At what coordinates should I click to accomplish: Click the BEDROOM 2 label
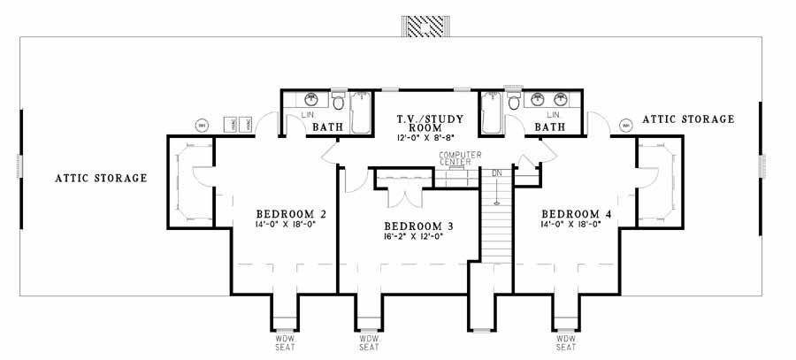click(292, 213)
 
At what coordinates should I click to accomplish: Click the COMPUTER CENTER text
click(459, 159)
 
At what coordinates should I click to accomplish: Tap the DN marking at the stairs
click(496, 172)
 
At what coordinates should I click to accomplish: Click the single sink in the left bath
click(310, 99)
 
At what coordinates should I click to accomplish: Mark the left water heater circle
click(201, 124)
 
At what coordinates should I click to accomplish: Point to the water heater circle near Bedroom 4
click(627, 124)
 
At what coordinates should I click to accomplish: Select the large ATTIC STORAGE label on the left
click(101, 178)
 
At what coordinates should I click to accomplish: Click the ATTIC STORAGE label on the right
click(688, 119)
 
